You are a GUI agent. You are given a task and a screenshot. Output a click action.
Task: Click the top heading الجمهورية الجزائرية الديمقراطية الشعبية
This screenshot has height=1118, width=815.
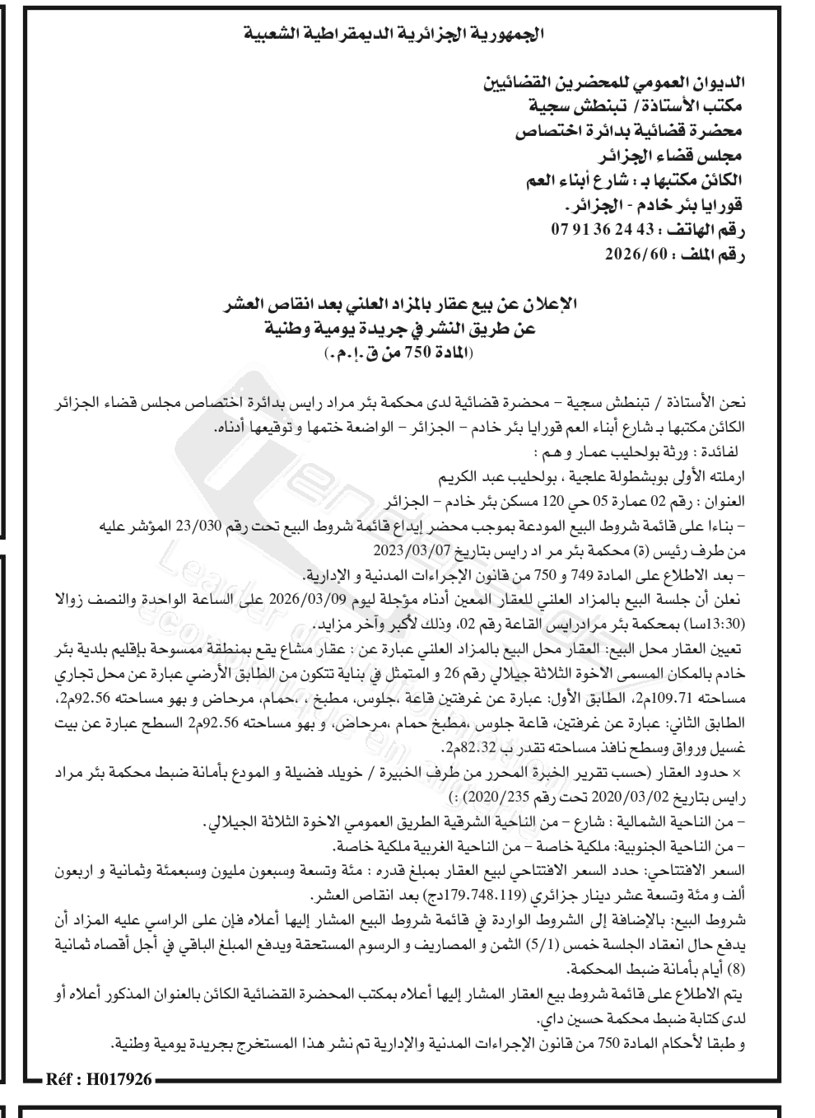coord(395,35)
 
